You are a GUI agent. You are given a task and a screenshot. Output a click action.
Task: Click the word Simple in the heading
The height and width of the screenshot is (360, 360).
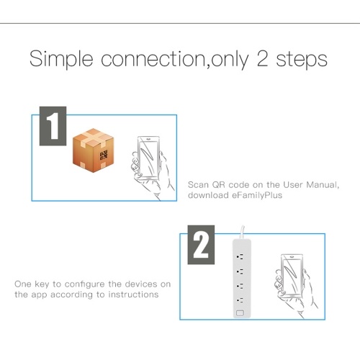coord(61,59)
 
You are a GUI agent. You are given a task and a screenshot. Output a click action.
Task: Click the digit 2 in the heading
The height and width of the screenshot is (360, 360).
coord(262,59)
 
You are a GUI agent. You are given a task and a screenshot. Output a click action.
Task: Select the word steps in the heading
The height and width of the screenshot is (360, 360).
coord(302,60)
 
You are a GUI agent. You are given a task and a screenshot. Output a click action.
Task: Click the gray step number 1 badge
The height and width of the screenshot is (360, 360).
coord(53,126)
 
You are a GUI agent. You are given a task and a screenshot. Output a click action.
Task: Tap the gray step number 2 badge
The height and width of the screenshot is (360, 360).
coord(201,245)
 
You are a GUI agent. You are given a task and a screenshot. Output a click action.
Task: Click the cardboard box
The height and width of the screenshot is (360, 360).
coord(93,150)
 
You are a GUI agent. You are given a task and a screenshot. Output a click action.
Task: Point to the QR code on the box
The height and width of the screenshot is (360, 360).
coord(104,155)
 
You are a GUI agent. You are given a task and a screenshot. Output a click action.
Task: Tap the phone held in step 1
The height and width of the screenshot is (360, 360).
coord(148,158)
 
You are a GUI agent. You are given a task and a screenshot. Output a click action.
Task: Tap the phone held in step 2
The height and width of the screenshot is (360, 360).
coord(292,276)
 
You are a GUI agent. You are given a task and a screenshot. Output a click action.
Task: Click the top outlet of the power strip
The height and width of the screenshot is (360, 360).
coord(240,257)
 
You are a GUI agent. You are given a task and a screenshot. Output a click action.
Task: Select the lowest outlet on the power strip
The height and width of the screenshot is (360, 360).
coord(240,300)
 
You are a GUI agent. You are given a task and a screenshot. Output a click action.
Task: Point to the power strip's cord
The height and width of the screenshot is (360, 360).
coord(242,233)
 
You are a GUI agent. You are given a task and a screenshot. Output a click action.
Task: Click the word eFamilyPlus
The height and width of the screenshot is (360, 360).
coord(257,195)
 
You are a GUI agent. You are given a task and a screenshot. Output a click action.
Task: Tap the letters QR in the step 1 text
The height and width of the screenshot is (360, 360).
coord(218,185)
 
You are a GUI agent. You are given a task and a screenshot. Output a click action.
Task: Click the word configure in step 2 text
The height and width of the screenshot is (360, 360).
coord(85,284)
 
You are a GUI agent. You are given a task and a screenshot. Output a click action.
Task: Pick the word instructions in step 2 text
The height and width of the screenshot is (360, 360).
coord(133,294)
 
